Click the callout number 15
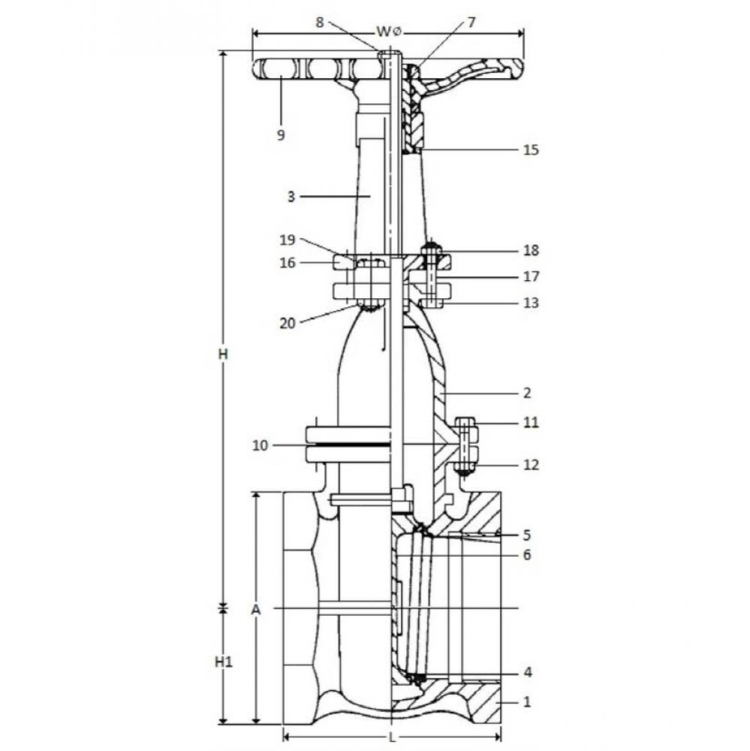tap(531, 150)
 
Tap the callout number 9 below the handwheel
tap(281, 135)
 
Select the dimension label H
tap(223, 354)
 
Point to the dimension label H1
tap(223, 662)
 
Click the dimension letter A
tap(256, 610)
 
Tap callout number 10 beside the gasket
tap(260, 445)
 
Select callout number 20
tap(288, 324)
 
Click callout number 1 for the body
tap(527, 702)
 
